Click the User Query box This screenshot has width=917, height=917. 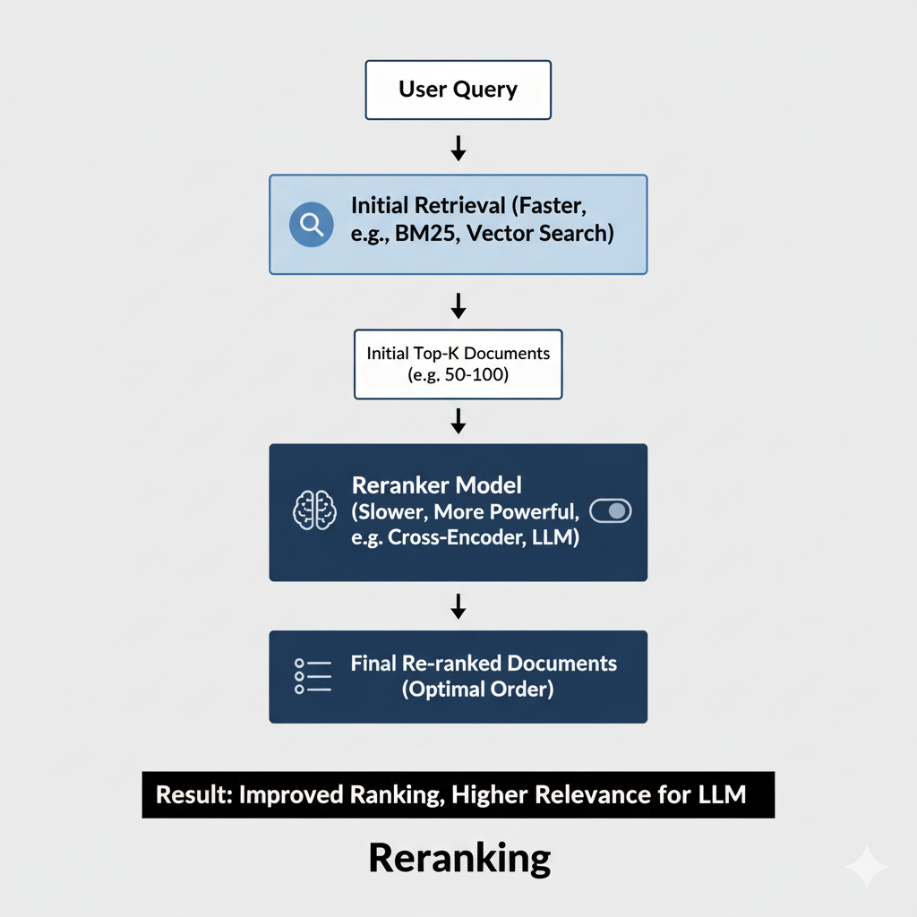458,90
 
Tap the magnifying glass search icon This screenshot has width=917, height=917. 312,224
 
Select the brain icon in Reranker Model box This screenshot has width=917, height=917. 315,510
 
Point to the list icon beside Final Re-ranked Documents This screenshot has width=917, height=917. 313,676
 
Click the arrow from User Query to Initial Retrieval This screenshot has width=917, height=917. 458,148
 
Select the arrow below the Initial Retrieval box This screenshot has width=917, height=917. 458,306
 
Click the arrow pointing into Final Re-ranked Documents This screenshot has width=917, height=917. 458,605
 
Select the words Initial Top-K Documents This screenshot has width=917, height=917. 458,353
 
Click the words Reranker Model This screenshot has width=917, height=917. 437,485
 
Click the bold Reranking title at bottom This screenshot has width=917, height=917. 459,858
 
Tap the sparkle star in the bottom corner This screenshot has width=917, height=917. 866,866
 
